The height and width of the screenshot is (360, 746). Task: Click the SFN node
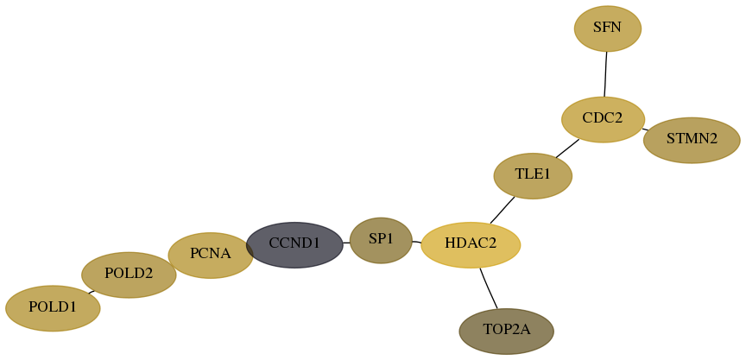point(608,28)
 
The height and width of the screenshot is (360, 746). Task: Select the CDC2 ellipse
point(603,119)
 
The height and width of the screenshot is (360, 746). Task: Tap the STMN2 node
point(692,141)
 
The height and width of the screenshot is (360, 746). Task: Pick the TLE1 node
point(533,176)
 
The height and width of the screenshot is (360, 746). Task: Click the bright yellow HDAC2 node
point(471,245)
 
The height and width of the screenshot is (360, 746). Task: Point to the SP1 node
point(381,240)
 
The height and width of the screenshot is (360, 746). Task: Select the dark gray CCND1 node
point(294,245)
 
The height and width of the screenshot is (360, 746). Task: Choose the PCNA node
point(211,256)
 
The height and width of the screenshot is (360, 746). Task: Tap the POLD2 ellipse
point(129,275)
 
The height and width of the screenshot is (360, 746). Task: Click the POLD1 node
point(53,308)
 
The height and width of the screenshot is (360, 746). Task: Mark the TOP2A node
point(506,332)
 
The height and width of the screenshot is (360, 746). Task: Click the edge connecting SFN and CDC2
point(605,74)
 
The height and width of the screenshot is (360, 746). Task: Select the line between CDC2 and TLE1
point(567,148)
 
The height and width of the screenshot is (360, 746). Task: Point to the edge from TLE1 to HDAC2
point(503,210)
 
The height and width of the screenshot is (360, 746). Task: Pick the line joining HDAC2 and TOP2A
point(489,288)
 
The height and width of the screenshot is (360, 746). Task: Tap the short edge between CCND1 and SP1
point(346,243)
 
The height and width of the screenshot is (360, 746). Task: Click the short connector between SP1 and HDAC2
point(417,242)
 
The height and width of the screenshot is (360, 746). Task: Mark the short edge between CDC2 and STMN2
point(645,129)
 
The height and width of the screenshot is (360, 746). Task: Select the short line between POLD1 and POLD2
point(92,292)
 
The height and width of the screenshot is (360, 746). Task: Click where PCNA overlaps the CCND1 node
point(250,247)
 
